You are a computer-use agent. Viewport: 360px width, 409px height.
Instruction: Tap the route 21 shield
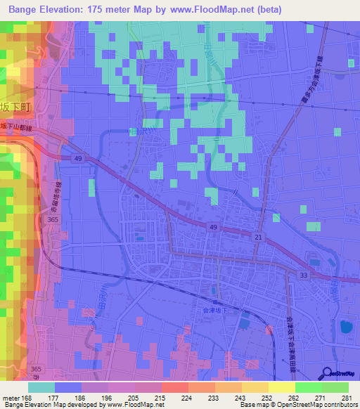point(259,239)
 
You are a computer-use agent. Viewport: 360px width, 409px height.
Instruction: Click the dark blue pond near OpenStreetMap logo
point(345,327)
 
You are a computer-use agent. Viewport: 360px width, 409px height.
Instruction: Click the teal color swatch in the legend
point(41,387)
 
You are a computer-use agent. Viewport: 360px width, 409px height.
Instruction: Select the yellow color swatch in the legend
point(281,387)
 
